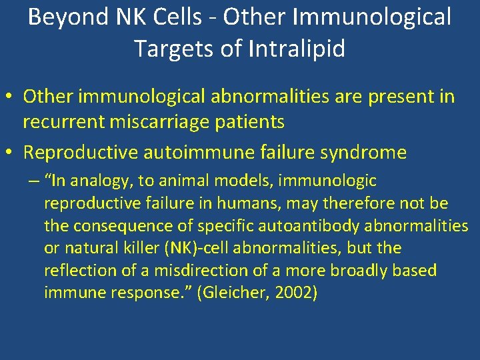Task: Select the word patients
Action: tap(251, 122)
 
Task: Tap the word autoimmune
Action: tap(191, 153)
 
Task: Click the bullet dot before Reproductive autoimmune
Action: tap(11, 153)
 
